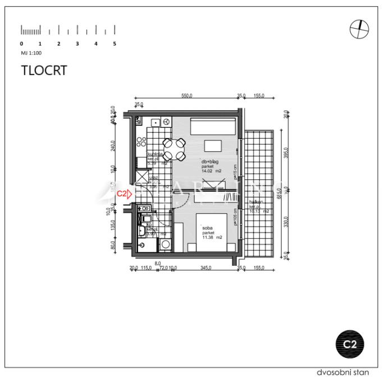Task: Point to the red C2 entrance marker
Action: tap(124, 193)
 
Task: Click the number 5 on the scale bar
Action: tap(115, 43)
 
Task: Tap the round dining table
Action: tap(173, 149)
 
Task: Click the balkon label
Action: tap(257, 203)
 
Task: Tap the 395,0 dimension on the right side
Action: tap(286, 153)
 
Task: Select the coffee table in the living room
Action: tap(213, 145)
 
